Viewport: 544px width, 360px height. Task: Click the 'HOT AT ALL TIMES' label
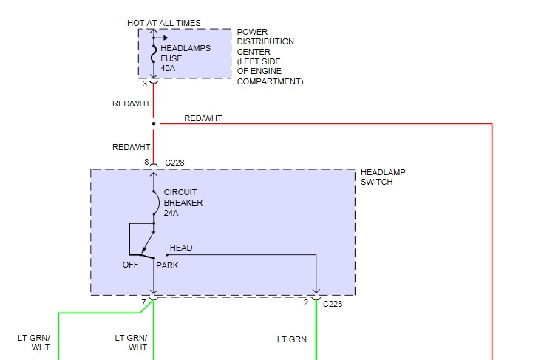click(163, 24)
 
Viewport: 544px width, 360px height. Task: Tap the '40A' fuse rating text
click(168, 69)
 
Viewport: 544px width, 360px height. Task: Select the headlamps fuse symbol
click(154, 53)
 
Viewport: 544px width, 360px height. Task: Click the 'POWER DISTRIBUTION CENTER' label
click(265, 41)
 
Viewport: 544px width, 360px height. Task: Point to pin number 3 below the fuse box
click(145, 84)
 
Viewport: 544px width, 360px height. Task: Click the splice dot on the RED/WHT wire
click(154, 123)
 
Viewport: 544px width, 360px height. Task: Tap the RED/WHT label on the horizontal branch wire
click(203, 118)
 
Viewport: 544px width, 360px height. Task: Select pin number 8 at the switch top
click(147, 162)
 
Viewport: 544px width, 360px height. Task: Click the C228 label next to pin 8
click(174, 162)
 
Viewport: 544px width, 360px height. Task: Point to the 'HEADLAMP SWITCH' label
click(383, 177)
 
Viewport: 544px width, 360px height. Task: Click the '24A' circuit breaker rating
click(171, 213)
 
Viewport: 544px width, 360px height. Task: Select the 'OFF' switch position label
click(130, 265)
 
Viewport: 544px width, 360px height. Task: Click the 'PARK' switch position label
click(167, 265)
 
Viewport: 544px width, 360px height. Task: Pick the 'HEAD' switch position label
click(181, 248)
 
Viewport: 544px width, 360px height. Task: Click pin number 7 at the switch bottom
click(144, 303)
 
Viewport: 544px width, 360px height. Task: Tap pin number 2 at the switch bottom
click(305, 303)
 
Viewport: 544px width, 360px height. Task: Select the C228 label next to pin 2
click(333, 303)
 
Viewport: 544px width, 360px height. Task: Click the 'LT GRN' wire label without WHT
click(292, 340)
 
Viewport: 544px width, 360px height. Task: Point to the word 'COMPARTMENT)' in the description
click(271, 81)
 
